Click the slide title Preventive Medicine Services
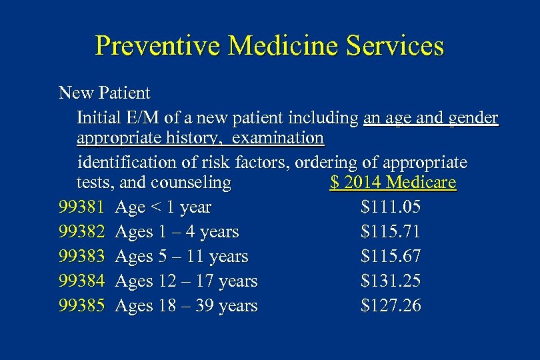269,46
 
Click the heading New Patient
105,93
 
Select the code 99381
81,207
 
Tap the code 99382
81,232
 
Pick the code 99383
81,257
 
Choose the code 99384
81,281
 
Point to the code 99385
81,306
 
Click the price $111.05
390,207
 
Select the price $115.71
390,232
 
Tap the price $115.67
390,257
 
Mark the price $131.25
390,281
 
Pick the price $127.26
390,306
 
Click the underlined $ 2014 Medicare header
393,183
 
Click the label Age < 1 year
163,207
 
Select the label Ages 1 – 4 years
177,232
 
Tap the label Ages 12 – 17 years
186,281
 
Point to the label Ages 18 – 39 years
186,306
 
